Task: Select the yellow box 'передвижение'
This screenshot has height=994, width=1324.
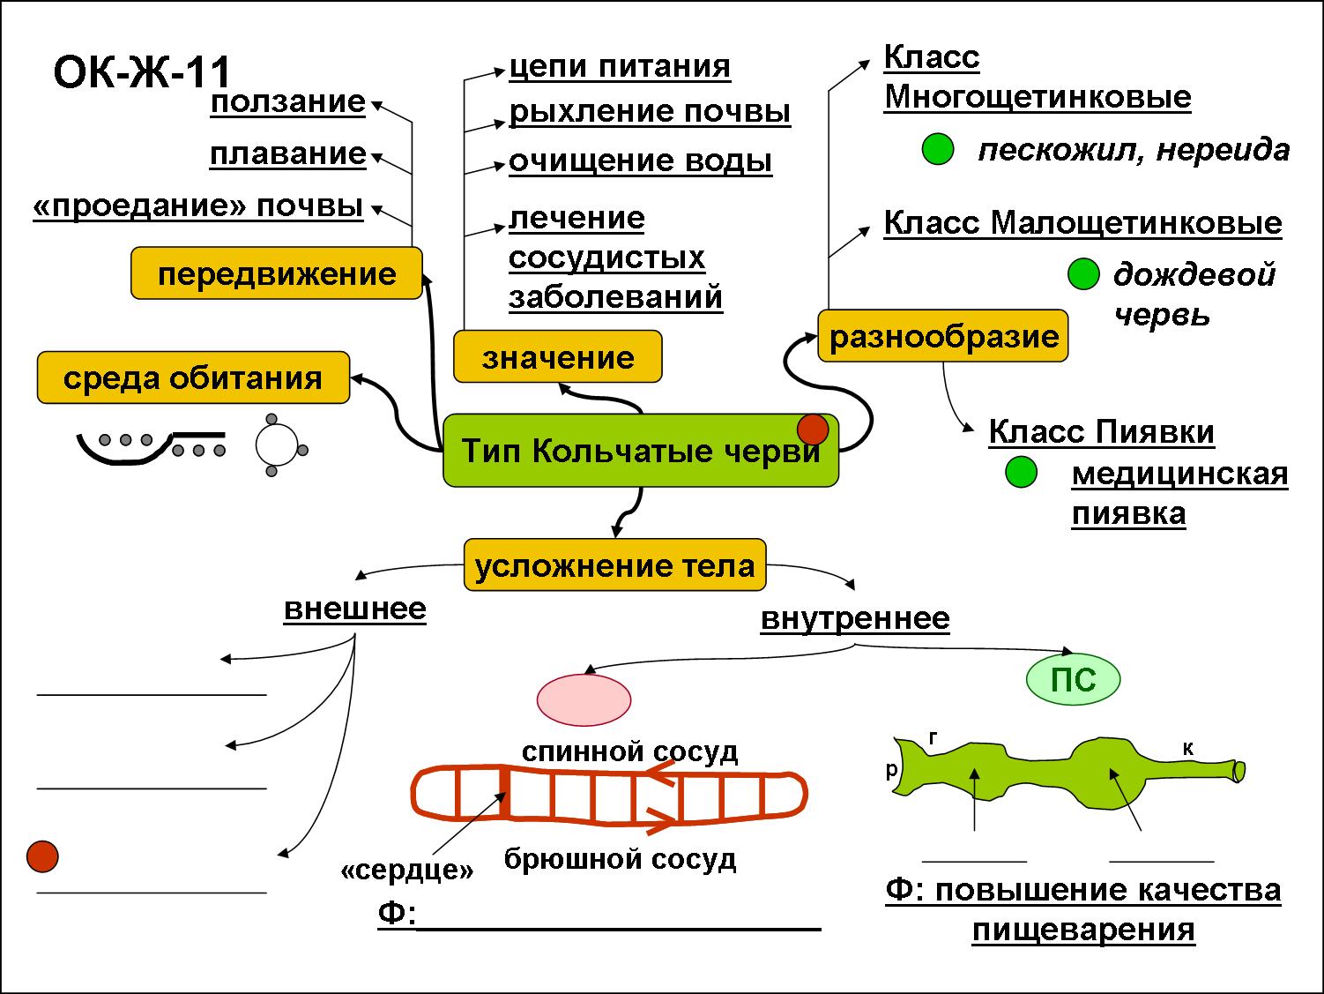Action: click(x=277, y=274)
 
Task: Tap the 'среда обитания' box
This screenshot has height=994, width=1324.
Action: click(x=193, y=378)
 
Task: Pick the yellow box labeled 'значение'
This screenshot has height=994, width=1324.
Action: click(x=557, y=357)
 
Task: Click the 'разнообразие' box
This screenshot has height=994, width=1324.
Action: click(x=943, y=336)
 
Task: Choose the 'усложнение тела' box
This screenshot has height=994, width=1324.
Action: click(x=614, y=565)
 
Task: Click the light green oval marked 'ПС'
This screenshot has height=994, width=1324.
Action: click(x=1074, y=679)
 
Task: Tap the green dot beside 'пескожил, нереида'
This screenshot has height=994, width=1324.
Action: click(x=938, y=150)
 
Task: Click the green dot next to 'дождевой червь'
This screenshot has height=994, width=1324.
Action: click(x=1082, y=274)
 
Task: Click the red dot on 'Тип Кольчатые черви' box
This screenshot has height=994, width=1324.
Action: click(x=813, y=430)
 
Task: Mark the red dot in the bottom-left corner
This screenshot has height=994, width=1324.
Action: click(x=42, y=856)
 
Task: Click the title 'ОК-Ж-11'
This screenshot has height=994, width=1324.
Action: click(x=142, y=73)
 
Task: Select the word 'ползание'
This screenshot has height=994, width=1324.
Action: click(x=288, y=102)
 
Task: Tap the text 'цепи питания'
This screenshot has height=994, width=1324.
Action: click(x=620, y=67)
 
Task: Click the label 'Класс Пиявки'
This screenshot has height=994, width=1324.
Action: click(x=1101, y=432)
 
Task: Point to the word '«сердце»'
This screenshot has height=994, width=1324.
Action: click(x=407, y=871)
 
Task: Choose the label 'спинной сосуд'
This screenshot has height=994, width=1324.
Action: click(x=629, y=751)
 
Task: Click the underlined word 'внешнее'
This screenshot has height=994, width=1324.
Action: click(x=355, y=609)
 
